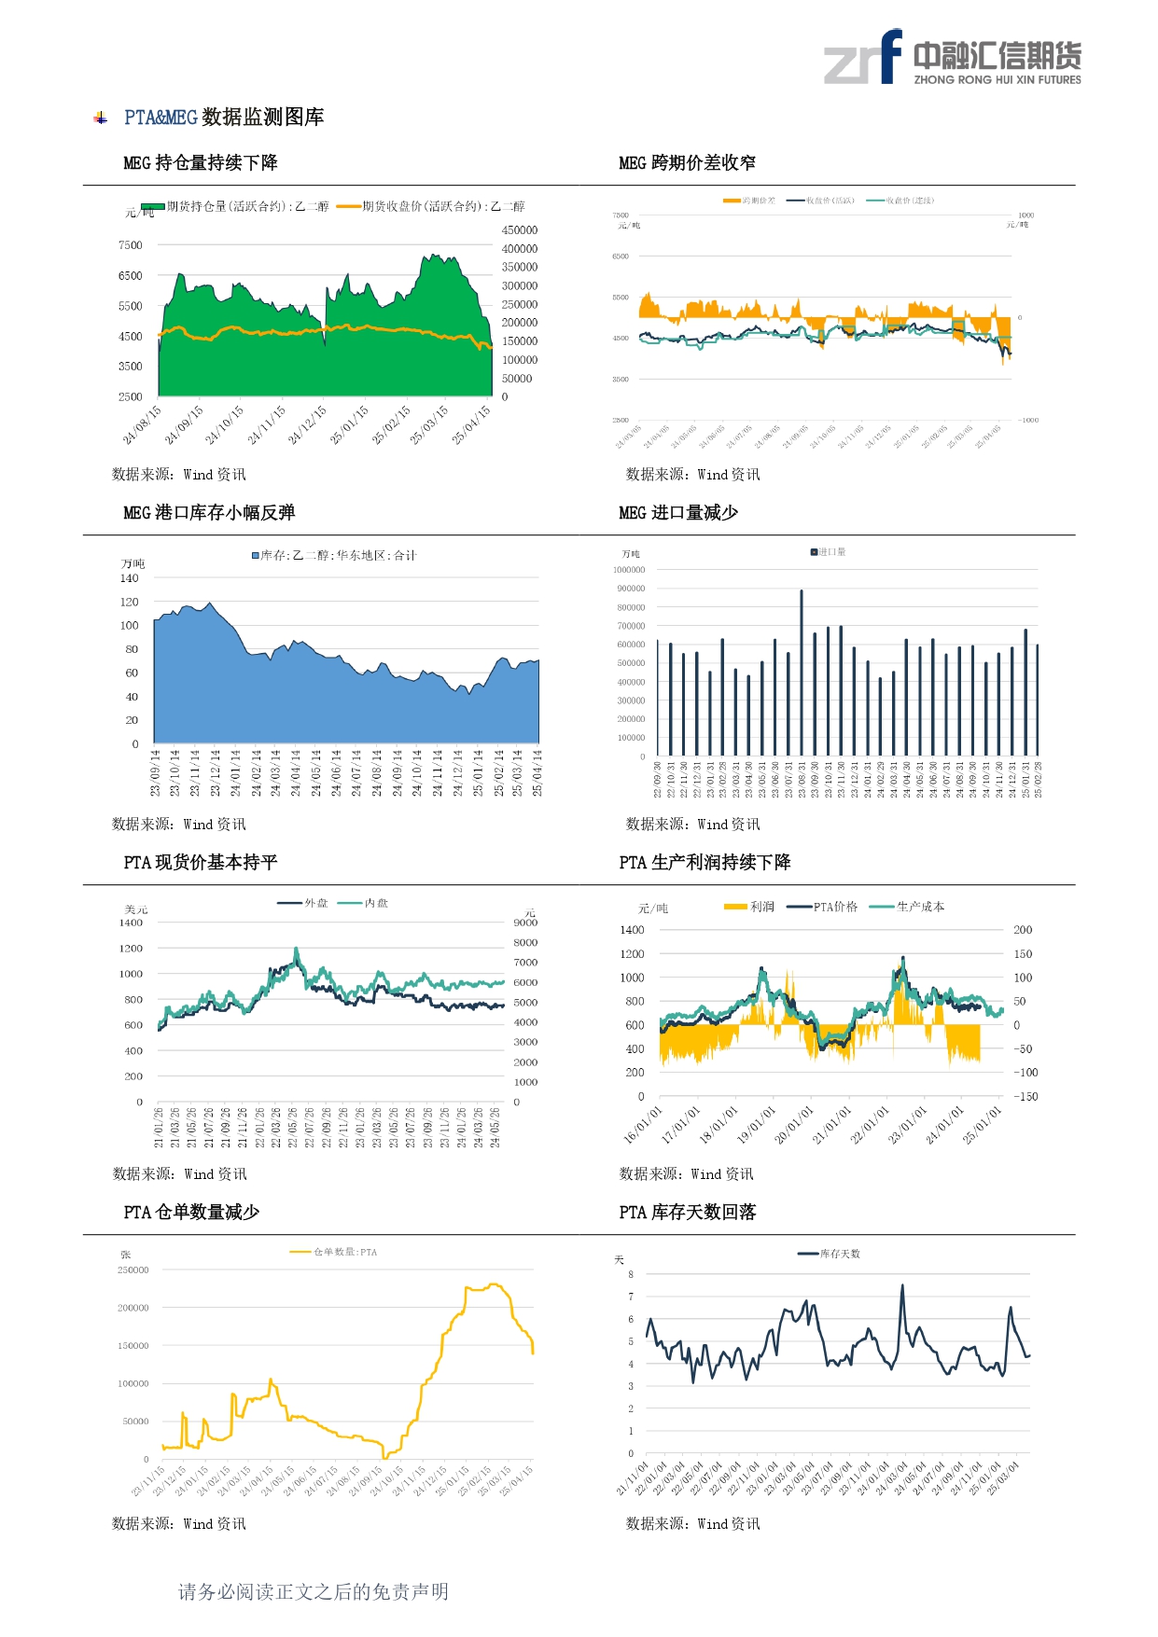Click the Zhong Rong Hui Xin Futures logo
(952, 58)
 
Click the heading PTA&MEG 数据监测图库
(224, 118)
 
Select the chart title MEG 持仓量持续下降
(201, 163)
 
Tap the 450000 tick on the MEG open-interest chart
(520, 230)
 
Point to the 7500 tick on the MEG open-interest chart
(131, 245)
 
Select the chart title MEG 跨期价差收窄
(687, 163)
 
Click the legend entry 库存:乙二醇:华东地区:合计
(334, 556)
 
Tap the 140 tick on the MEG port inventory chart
(129, 578)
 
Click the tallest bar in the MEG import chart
(802, 672)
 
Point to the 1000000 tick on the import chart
(629, 570)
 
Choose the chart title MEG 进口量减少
(678, 513)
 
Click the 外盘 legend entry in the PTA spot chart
(304, 903)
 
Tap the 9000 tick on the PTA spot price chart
(525, 923)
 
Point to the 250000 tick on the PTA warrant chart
(133, 1270)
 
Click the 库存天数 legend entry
(830, 1254)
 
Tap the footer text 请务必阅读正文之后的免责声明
(314, 1592)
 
